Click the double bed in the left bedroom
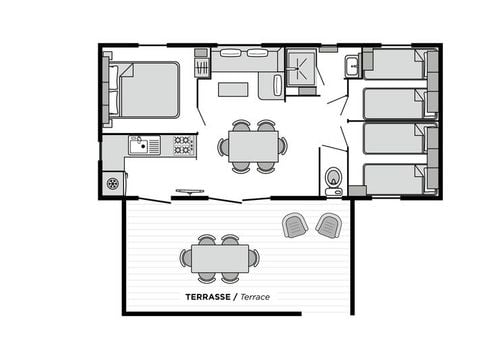pos(148,90)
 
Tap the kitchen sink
pos(144,145)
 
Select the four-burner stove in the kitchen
pos(183,145)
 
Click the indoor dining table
pos(252,146)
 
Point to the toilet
pos(333,180)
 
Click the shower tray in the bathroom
pos(301,68)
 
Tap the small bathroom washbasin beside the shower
pos(353,67)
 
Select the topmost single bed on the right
pos(394,66)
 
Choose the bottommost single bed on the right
pos(394,178)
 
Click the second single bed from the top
pos(394,103)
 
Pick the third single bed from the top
pos(394,139)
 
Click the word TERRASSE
pos(208,297)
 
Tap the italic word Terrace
pos(254,297)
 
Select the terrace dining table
pos(219,259)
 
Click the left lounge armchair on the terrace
pos(295,225)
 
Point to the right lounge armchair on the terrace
pos(328,225)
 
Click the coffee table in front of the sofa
pos(233,89)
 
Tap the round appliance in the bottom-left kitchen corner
pos(113,183)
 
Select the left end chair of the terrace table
pos(186,258)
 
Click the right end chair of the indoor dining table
pos(283,146)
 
